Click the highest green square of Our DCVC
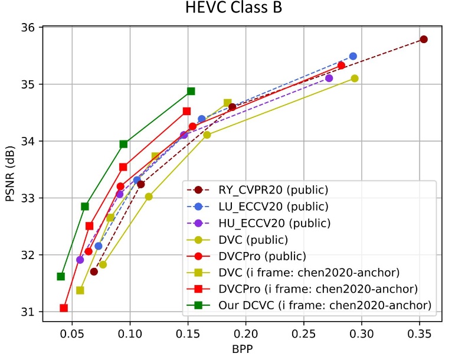tap(191, 91)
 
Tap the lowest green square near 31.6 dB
tap(61, 276)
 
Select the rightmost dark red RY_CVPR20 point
tap(423, 39)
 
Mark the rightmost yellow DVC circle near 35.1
tap(354, 78)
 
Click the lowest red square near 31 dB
tap(64, 307)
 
